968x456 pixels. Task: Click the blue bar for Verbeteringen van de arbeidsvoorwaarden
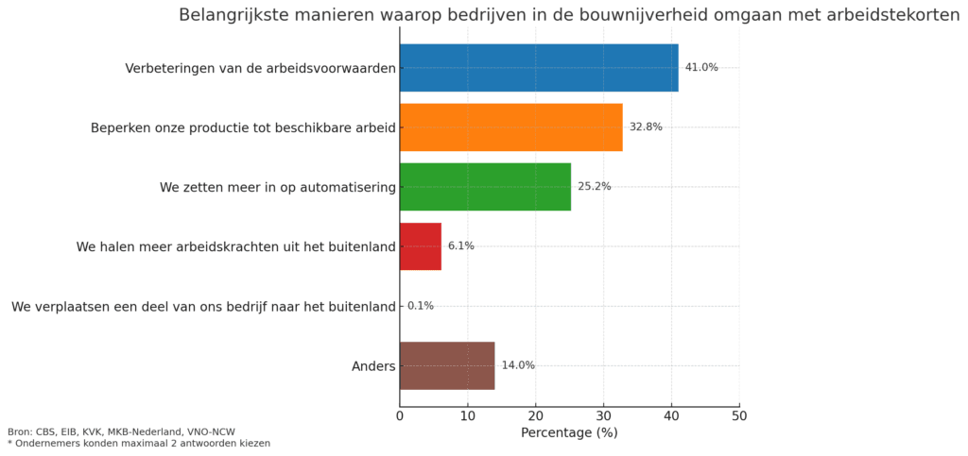[x=539, y=68]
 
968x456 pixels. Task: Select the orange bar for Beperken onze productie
[x=510, y=127]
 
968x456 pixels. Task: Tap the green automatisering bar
[x=485, y=187]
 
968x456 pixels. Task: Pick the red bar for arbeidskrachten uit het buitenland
[x=421, y=246]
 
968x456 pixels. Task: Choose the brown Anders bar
[x=447, y=365]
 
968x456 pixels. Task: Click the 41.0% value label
[x=701, y=68]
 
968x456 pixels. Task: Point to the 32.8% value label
[x=646, y=127]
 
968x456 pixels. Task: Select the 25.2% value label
[x=595, y=187]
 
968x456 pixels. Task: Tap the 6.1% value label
[x=461, y=246]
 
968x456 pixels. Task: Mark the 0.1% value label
[x=421, y=306]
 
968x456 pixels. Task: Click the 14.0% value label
[x=518, y=365]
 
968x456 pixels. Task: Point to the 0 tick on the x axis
[x=400, y=415]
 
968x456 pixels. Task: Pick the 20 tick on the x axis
[x=536, y=415]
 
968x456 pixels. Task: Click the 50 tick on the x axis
[x=739, y=415]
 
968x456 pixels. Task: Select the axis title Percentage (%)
[x=569, y=433]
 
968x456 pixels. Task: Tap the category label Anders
[x=373, y=365]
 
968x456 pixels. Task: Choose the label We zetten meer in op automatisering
[x=277, y=187]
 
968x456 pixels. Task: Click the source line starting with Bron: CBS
[x=121, y=431]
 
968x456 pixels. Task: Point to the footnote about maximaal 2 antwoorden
[x=139, y=444]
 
